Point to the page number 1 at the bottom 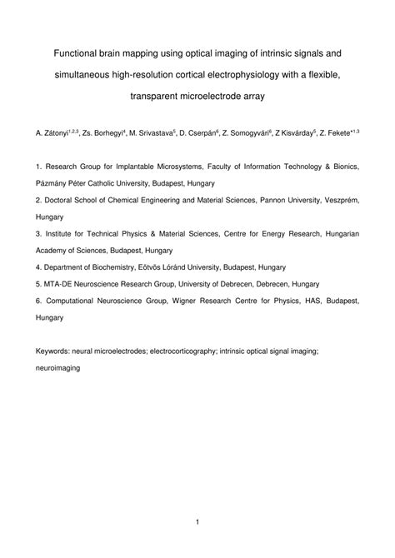click(197, 522)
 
